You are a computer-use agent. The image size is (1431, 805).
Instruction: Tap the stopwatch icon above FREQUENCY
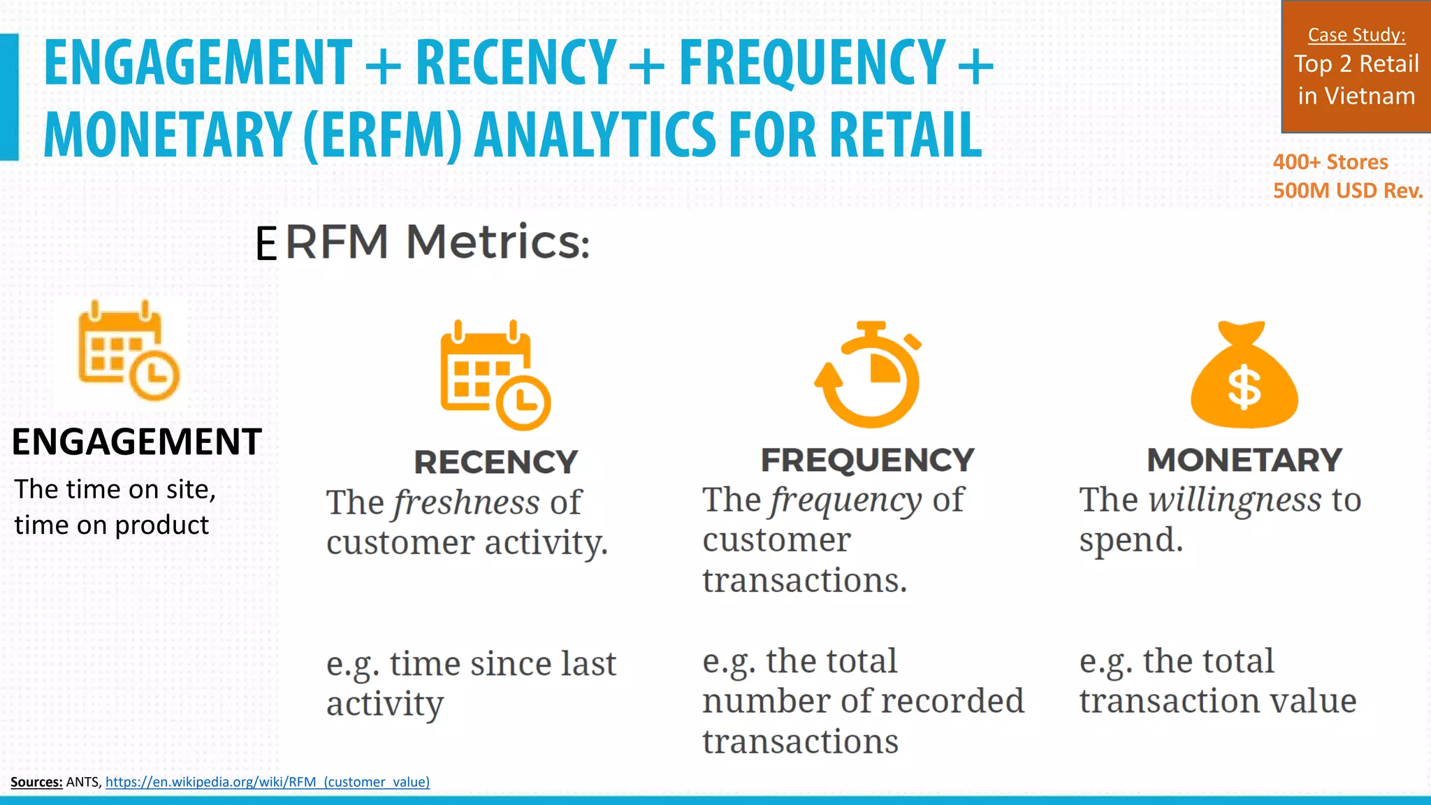(869, 375)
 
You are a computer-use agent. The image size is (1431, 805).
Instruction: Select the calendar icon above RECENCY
(495, 375)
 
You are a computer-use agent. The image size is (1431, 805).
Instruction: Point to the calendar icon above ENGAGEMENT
(128, 351)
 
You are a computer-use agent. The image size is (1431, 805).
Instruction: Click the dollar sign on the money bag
(1244, 389)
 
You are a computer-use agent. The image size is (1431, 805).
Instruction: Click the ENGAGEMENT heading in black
(137, 442)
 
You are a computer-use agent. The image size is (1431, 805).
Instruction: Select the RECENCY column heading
(495, 462)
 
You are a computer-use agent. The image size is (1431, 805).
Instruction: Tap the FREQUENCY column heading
(867, 460)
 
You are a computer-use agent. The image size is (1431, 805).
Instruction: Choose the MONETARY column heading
(1244, 460)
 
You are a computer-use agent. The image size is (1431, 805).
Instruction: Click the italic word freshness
(466, 502)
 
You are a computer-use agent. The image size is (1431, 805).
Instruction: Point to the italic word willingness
(1235, 500)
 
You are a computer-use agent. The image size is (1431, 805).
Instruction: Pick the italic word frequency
(846, 500)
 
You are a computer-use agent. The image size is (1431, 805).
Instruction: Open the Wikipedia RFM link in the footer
(268, 782)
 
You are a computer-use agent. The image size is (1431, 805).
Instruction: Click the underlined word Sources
(36, 782)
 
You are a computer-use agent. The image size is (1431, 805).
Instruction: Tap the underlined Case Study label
(1356, 35)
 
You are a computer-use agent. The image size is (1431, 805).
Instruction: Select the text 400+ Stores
(1330, 162)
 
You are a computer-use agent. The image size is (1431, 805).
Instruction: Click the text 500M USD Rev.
(1348, 191)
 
